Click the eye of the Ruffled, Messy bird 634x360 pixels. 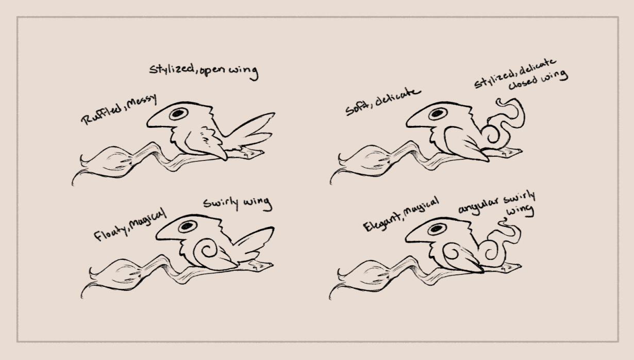pyautogui.click(x=178, y=114)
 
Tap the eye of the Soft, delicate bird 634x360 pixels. pyautogui.click(x=438, y=114)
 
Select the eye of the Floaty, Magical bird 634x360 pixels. pyautogui.click(x=188, y=226)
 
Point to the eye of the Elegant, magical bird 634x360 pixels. pyautogui.click(x=437, y=229)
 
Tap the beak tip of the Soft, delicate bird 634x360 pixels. pyautogui.click(x=407, y=124)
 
